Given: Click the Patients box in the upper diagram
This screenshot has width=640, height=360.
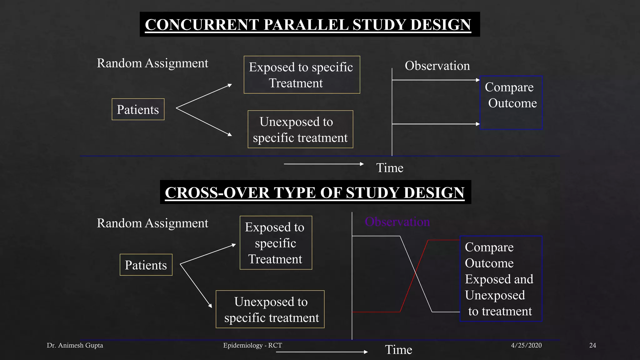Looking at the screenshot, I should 138,109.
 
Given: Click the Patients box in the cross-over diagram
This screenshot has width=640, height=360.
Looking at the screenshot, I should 146,265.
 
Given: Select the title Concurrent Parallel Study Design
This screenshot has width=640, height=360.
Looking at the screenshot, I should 308,25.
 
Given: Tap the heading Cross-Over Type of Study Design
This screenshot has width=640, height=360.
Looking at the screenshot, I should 315,192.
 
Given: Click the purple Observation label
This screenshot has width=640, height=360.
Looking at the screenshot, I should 397,222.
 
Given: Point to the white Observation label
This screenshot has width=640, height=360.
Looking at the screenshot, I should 437,66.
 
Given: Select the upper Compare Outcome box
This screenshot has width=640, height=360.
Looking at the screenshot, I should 511,102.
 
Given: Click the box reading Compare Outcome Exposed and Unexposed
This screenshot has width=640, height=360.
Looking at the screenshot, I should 501,279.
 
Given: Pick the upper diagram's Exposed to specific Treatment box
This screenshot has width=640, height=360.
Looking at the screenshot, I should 302,75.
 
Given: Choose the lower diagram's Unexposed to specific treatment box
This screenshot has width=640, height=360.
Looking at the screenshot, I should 270,309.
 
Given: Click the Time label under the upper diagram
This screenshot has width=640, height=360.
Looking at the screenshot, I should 390,168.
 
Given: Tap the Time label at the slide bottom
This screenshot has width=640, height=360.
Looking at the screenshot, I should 398,350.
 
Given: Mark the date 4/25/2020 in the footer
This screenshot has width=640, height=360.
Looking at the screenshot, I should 526,345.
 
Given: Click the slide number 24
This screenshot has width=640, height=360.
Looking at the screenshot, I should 592,345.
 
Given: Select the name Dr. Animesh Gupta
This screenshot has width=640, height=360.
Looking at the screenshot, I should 75,345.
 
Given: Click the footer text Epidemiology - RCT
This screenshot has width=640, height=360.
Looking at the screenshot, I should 252,345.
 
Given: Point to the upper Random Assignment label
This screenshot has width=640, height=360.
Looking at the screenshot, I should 152,63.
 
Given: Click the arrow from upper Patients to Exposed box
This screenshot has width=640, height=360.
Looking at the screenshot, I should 204,96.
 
